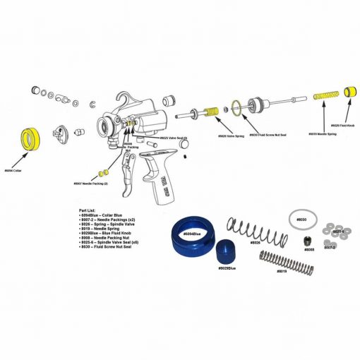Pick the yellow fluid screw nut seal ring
click(238, 108)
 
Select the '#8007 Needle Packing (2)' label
click(90, 184)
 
